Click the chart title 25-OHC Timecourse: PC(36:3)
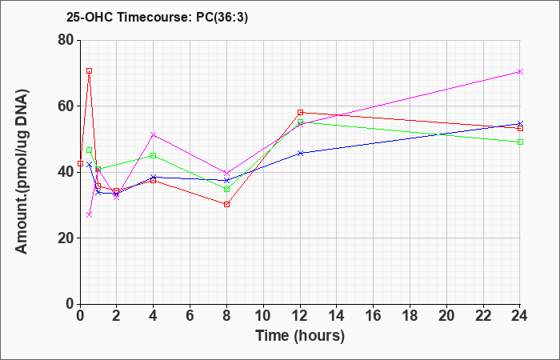coord(157,17)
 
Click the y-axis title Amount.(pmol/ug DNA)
coord(22,171)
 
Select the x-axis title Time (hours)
coord(300,336)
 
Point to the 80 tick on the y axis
coord(66,40)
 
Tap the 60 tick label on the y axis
coord(66,106)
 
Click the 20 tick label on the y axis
coord(66,238)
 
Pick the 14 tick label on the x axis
coord(337,316)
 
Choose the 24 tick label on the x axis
coord(519,316)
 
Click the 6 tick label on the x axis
coord(190,316)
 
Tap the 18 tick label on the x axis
coord(410,316)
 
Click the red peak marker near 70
coord(90,70)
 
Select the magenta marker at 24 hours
coord(520,72)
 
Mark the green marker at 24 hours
coord(520,142)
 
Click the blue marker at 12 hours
coord(300,154)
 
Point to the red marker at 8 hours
coord(226,204)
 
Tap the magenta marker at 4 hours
coord(154,134)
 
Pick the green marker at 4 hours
coord(154,156)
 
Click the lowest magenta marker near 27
coord(90,214)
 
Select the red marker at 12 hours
coord(300,113)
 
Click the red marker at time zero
coord(80,163)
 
